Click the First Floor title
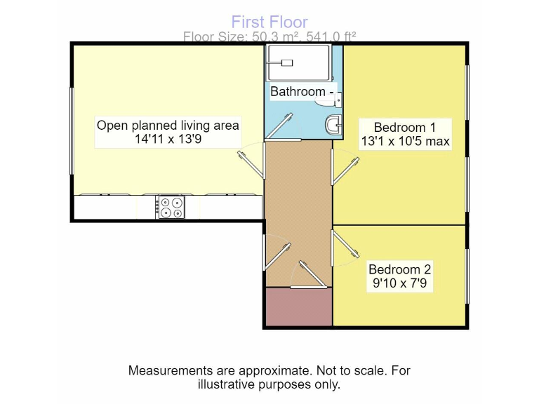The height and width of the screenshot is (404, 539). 269,22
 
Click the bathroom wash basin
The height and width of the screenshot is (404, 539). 333,125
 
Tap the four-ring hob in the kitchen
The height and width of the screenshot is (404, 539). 170,207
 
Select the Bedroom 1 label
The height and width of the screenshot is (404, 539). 404,127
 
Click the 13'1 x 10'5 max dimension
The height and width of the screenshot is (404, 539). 404,141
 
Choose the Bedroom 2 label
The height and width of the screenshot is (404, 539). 399,269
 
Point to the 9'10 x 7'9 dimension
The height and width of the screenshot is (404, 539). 399,284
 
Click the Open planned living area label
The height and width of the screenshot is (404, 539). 168,126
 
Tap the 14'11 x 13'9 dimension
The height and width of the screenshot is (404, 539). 168,140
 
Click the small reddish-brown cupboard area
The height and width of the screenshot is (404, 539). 298,307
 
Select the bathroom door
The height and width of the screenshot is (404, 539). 278,128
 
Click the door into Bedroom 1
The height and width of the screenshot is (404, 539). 345,170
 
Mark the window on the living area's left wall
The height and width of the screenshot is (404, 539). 72,130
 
